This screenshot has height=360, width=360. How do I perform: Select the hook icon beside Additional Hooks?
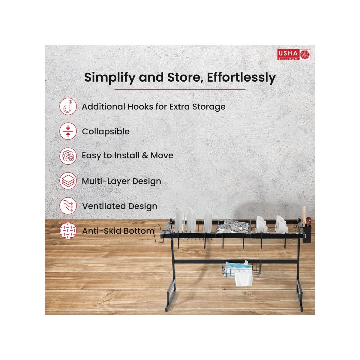pos(68,107)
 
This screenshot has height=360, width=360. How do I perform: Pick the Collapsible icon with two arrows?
pos(68,131)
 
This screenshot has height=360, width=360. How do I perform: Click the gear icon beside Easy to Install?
pos(68,156)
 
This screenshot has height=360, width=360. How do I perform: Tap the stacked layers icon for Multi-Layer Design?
pos(68,181)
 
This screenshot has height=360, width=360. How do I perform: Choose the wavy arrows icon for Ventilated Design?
pos(68,206)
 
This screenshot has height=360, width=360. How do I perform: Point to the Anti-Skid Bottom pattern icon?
pos(68,231)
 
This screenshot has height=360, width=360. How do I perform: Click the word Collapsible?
pos(106,132)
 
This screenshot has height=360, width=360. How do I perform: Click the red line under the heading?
pos(180,89)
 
